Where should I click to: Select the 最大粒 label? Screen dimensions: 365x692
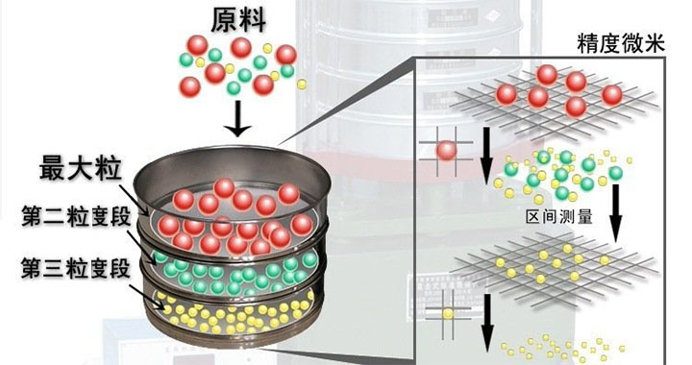point(79,168)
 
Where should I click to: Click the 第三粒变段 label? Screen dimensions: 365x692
point(67,268)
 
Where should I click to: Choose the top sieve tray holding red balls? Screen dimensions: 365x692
point(235,197)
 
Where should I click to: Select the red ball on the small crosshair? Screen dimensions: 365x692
point(446,150)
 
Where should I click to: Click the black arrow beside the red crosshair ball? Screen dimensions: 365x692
point(488,159)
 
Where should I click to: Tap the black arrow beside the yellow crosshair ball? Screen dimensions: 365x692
point(487,322)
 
